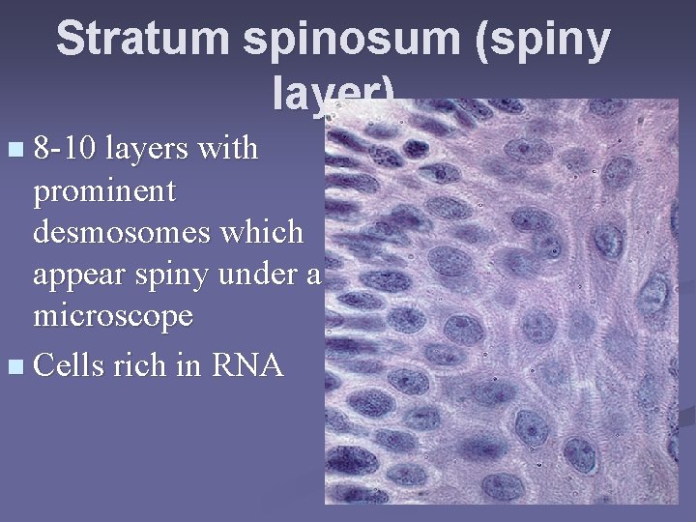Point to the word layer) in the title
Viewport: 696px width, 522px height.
coord(333,92)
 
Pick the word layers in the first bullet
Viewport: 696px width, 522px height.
coord(146,150)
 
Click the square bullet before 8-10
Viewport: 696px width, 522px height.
coord(12,151)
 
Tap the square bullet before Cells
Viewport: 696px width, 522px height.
coord(12,367)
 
